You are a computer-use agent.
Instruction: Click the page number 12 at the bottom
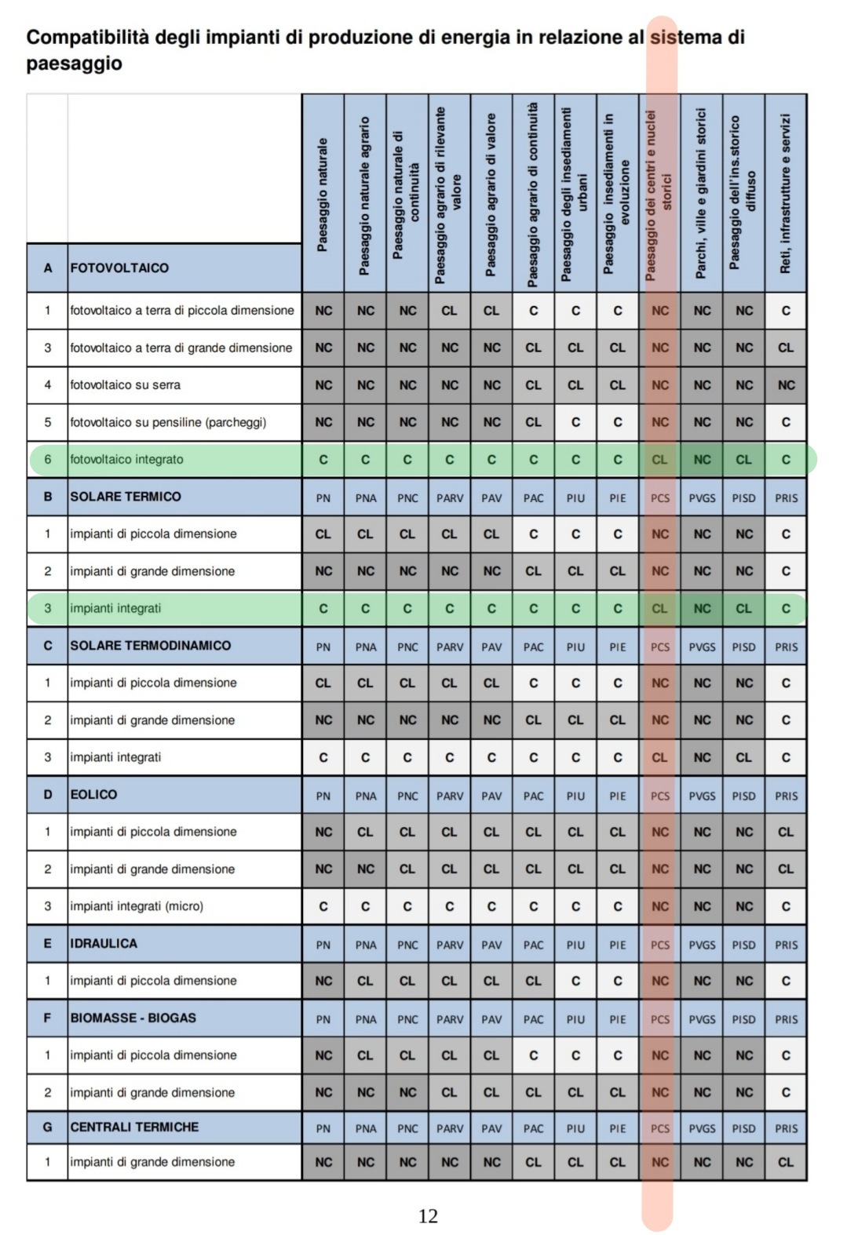coord(428,1215)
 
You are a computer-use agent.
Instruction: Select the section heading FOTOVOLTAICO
coord(119,268)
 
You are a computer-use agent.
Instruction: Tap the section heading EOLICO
coord(93,794)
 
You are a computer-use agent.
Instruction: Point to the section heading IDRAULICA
coord(104,943)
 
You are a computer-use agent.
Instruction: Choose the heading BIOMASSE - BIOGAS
coord(133,1018)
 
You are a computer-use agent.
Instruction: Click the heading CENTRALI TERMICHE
coord(134,1127)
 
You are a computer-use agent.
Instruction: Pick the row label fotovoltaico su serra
coord(126,384)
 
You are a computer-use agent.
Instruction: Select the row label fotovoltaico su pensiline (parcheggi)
coord(168,422)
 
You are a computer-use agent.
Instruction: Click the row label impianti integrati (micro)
coord(137,906)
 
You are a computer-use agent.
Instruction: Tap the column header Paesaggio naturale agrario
coord(364,196)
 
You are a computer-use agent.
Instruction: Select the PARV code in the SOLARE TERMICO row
coord(450,497)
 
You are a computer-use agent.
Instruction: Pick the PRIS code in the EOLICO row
coord(786,796)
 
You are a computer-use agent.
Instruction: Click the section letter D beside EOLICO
coord(47,794)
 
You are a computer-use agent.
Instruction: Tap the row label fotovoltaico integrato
coord(126,459)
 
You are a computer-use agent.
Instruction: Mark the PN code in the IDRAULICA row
coord(323,945)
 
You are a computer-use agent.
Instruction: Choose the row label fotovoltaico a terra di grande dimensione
coord(181,348)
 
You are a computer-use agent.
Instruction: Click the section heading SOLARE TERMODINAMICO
coord(151,645)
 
